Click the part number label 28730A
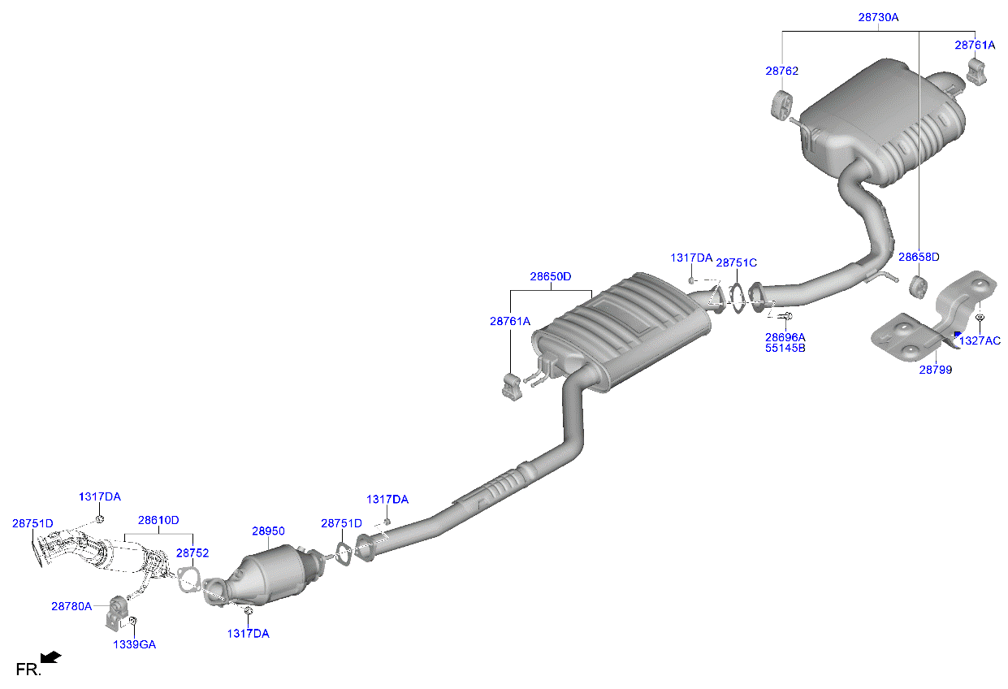[x=878, y=16]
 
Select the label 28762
[x=781, y=71]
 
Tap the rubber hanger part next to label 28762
[x=781, y=106]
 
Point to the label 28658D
[x=919, y=257]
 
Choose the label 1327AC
[x=980, y=340]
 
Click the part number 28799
[x=936, y=370]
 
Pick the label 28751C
[x=736, y=262]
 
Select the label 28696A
[x=785, y=336]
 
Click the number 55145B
[x=785, y=348]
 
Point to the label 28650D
[x=551, y=276]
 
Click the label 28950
[x=268, y=531]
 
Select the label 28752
[x=193, y=552]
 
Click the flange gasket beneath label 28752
[x=190, y=580]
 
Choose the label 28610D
[x=158, y=520]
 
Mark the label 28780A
[x=71, y=605]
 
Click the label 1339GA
[x=134, y=644]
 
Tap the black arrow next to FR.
[x=52, y=656]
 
